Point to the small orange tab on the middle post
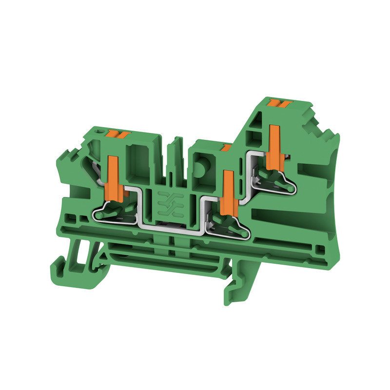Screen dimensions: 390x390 pyautogui.click(x=226, y=147)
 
